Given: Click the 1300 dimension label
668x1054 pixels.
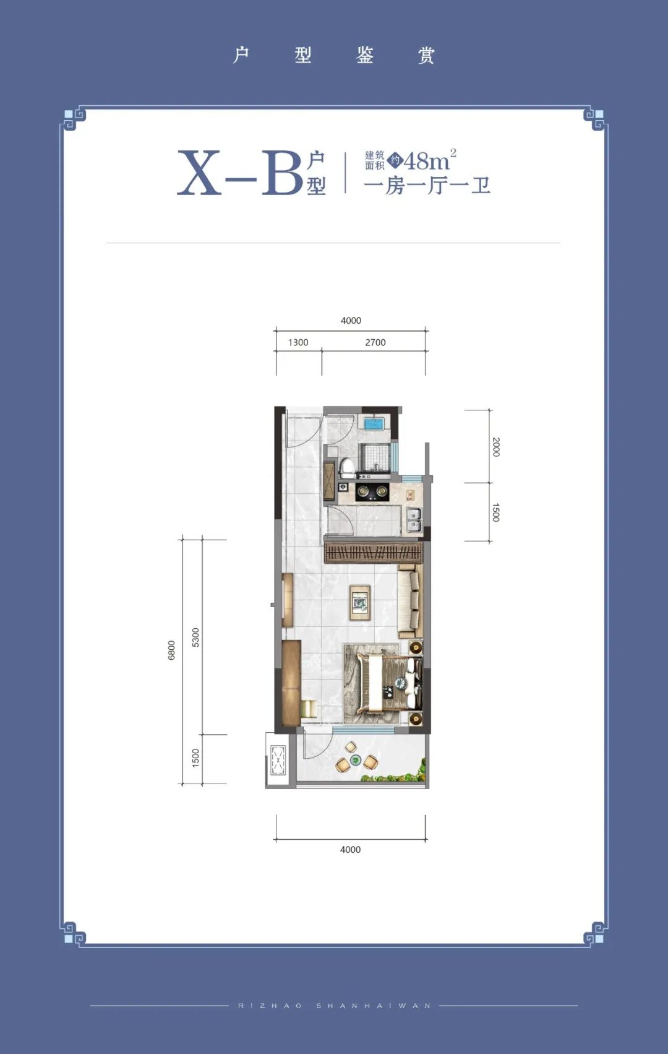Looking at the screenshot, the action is click(298, 342).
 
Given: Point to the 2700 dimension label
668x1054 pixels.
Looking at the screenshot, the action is click(375, 342).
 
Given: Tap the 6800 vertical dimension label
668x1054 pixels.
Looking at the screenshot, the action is click(171, 650).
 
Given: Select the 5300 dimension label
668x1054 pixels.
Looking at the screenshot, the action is click(195, 637).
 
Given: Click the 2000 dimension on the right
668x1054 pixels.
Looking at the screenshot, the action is click(495, 446).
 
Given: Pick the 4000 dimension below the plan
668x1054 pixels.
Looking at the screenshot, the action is click(350, 849).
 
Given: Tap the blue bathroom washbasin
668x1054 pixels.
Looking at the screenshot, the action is click(374, 423).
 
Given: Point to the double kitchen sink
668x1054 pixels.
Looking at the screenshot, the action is click(413, 519).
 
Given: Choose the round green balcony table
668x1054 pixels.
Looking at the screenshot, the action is click(356, 759).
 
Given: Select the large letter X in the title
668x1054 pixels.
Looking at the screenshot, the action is click(199, 173).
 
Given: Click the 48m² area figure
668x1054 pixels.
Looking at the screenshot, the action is click(429, 160).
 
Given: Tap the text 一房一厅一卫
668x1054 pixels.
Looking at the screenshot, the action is click(427, 186).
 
